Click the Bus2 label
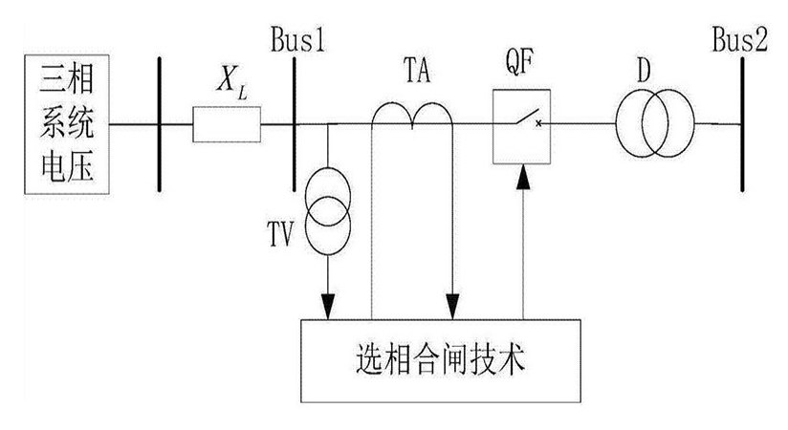click(x=740, y=41)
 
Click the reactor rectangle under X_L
click(x=227, y=124)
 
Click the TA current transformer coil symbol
click(x=412, y=115)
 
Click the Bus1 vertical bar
click(x=295, y=125)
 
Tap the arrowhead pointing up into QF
click(x=522, y=174)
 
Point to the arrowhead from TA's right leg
click(x=451, y=307)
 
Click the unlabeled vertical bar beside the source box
click(x=159, y=124)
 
